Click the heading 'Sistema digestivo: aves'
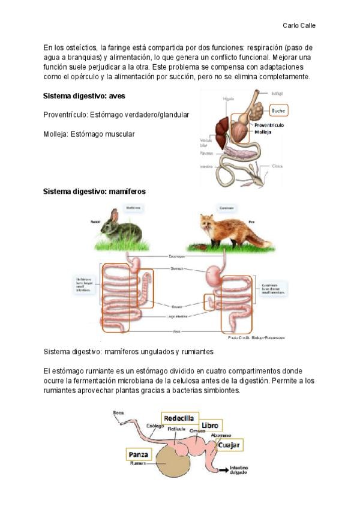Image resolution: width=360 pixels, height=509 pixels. [x=85, y=95]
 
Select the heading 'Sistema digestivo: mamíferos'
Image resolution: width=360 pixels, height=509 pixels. [x=94, y=191]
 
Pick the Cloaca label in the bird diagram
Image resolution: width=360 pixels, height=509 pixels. [x=277, y=166]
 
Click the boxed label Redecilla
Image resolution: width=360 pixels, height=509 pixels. [x=179, y=417]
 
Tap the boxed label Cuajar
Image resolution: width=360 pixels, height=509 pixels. [x=229, y=445]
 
